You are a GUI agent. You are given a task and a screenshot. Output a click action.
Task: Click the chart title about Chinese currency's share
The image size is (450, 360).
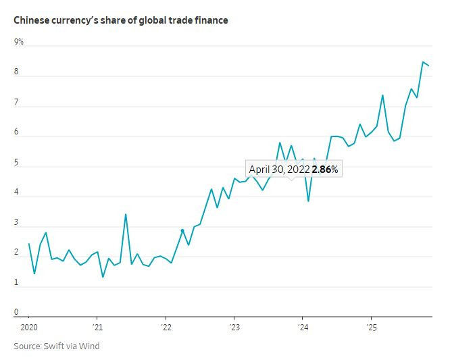[x=121, y=20]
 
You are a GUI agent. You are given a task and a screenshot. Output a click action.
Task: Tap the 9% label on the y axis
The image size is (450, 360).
[x=19, y=42]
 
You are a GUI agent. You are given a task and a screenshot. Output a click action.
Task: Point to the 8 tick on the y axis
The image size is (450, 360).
[x=17, y=72]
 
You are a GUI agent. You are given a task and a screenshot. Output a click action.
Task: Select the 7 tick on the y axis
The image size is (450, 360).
[x=17, y=102]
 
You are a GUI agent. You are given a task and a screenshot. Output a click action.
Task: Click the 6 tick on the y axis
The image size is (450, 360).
[x=17, y=132]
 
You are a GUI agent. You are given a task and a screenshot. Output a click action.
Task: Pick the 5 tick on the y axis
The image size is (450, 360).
[x=17, y=162]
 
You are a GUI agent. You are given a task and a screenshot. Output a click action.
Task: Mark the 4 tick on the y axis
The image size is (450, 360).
[x=17, y=192]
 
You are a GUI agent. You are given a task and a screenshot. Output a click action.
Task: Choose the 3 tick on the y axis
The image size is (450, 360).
[x=17, y=222]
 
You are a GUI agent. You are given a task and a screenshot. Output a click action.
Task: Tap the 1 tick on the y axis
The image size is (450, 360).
[x=17, y=282]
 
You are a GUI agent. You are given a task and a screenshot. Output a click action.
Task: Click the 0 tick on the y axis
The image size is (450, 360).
[x=17, y=312]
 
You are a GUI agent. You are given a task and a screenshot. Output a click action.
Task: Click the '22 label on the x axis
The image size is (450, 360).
[x=166, y=328]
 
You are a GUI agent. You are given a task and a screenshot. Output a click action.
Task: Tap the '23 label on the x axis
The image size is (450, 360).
[x=234, y=328]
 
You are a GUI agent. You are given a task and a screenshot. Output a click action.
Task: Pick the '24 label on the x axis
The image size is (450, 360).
[x=302, y=328]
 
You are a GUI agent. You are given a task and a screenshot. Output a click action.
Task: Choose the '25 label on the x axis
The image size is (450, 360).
[x=371, y=328]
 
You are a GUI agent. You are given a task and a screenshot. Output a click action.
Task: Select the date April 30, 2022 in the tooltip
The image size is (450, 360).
[x=279, y=170]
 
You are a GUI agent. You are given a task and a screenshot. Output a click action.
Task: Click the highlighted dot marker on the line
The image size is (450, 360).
[x=182, y=231]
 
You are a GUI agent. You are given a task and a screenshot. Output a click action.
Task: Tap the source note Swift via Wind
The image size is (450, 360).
[x=57, y=346]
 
